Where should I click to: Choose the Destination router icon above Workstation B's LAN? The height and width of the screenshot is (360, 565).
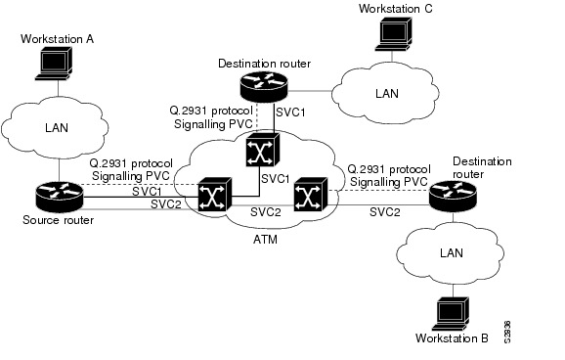click(x=455, y=194)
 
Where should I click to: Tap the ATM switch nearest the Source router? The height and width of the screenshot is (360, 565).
click(x=210, y=194)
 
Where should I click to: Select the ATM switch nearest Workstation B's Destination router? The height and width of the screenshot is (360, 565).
click(x=306, y=194)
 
